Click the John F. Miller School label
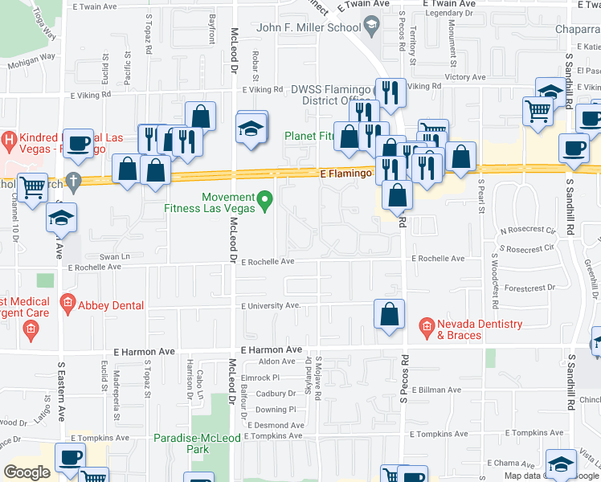click(x=308, y=28)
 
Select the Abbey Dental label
click(x=111, y=305)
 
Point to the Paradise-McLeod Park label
click(x=192, y=444)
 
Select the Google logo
click(x=27, y=472)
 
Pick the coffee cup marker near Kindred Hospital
click(x=79, y=143)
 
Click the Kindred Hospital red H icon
click(x=9, y=141)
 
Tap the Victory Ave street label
click(x=466, y=78)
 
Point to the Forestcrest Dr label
click(x=525, y=288)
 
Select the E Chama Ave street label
click(x=511, y=464)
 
